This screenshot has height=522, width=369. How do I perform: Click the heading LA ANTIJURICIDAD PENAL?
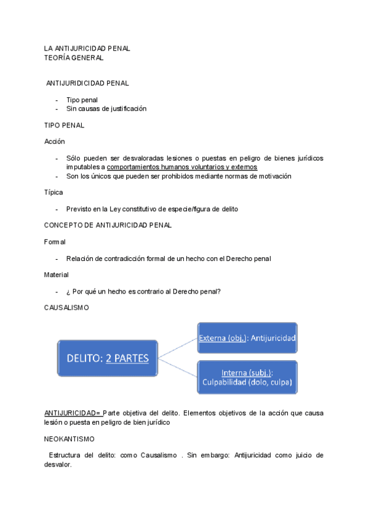[87, 48]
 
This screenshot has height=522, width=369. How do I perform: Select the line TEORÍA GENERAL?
[74, 58]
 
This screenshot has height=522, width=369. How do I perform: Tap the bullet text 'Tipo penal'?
[82, 100]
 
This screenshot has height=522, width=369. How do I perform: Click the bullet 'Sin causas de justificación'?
[106, 109]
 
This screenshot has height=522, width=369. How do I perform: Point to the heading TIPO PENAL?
[64, 126]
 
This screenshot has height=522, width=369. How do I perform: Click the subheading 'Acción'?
[54, 142]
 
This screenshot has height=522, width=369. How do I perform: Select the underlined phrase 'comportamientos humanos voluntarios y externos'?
[182, 167]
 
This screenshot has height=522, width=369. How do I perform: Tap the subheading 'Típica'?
[53, 193]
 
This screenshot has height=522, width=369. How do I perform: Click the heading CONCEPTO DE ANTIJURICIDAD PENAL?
[108, 225]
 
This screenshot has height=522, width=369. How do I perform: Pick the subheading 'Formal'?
[55, 242]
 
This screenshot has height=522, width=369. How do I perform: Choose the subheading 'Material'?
[56, 275]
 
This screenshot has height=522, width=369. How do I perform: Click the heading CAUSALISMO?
[66, 308]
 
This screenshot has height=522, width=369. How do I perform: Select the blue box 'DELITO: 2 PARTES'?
[108, 358]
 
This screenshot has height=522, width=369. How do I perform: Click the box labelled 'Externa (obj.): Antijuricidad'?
[247, 338]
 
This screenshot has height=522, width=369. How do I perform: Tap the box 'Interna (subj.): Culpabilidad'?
[247, 378]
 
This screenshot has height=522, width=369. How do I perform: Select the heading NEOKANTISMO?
[69, 440]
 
